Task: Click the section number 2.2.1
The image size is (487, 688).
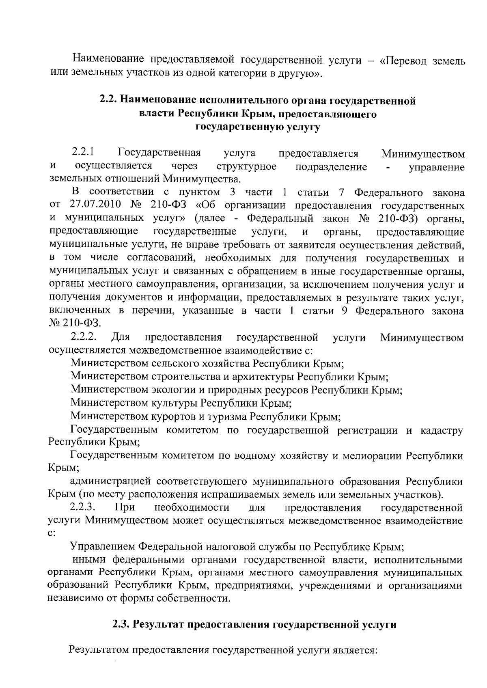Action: [83, 153]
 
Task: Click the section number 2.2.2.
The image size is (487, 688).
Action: [84, 337]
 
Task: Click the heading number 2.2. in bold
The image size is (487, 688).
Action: [109, 100]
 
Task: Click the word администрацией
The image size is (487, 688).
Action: [111, 482]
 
